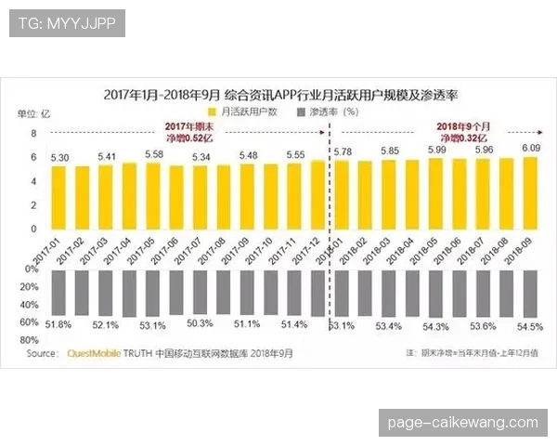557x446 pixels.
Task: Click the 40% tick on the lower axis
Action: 31,305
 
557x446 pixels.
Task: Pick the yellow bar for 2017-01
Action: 59,196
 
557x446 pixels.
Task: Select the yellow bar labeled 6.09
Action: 532,192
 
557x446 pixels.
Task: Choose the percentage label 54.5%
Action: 530,326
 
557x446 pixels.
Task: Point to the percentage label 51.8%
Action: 58,324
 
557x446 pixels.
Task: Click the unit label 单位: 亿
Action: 34,113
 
